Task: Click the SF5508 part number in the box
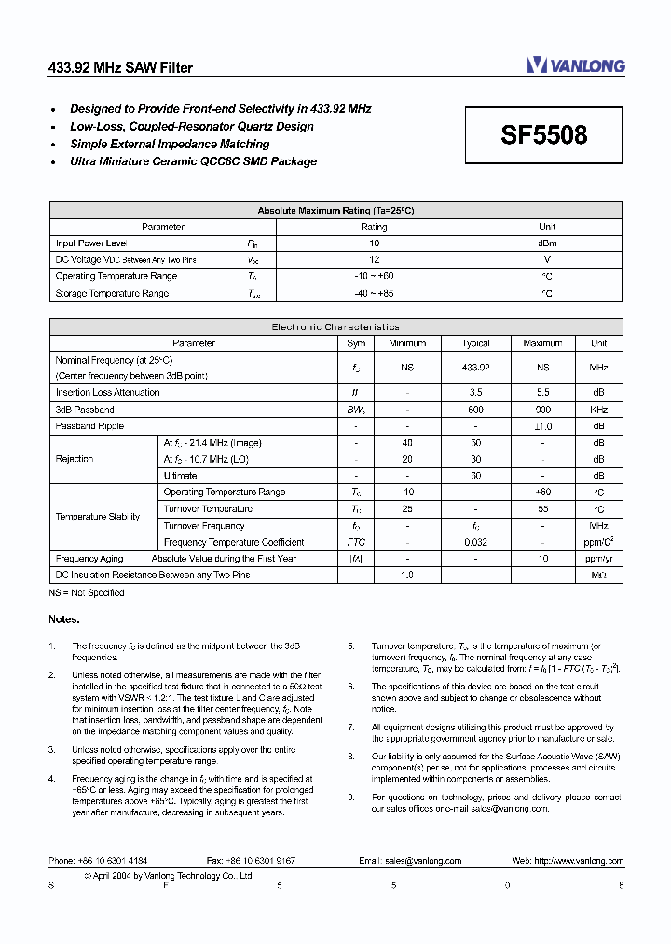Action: (544, 135)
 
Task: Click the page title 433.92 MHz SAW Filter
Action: (120, 68)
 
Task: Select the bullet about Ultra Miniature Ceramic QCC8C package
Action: (193, 161)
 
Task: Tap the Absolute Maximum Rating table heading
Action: (335, 211)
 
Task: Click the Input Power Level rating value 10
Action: (374, 243)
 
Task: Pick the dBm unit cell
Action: (547, 243)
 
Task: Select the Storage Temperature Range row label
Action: (112, 294)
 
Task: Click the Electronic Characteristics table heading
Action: (335, 327)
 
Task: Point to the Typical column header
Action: (475, 343)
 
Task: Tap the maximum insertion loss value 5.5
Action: (542, 393)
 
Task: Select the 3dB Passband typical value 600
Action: (475, 410)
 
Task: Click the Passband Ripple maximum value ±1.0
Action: (542, 426)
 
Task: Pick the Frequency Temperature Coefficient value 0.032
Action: (475, 542)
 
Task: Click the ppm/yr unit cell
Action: (598, 559)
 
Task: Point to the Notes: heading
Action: (64, 619)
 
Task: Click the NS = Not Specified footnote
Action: (87, 593)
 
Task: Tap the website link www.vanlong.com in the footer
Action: (587, 861)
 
